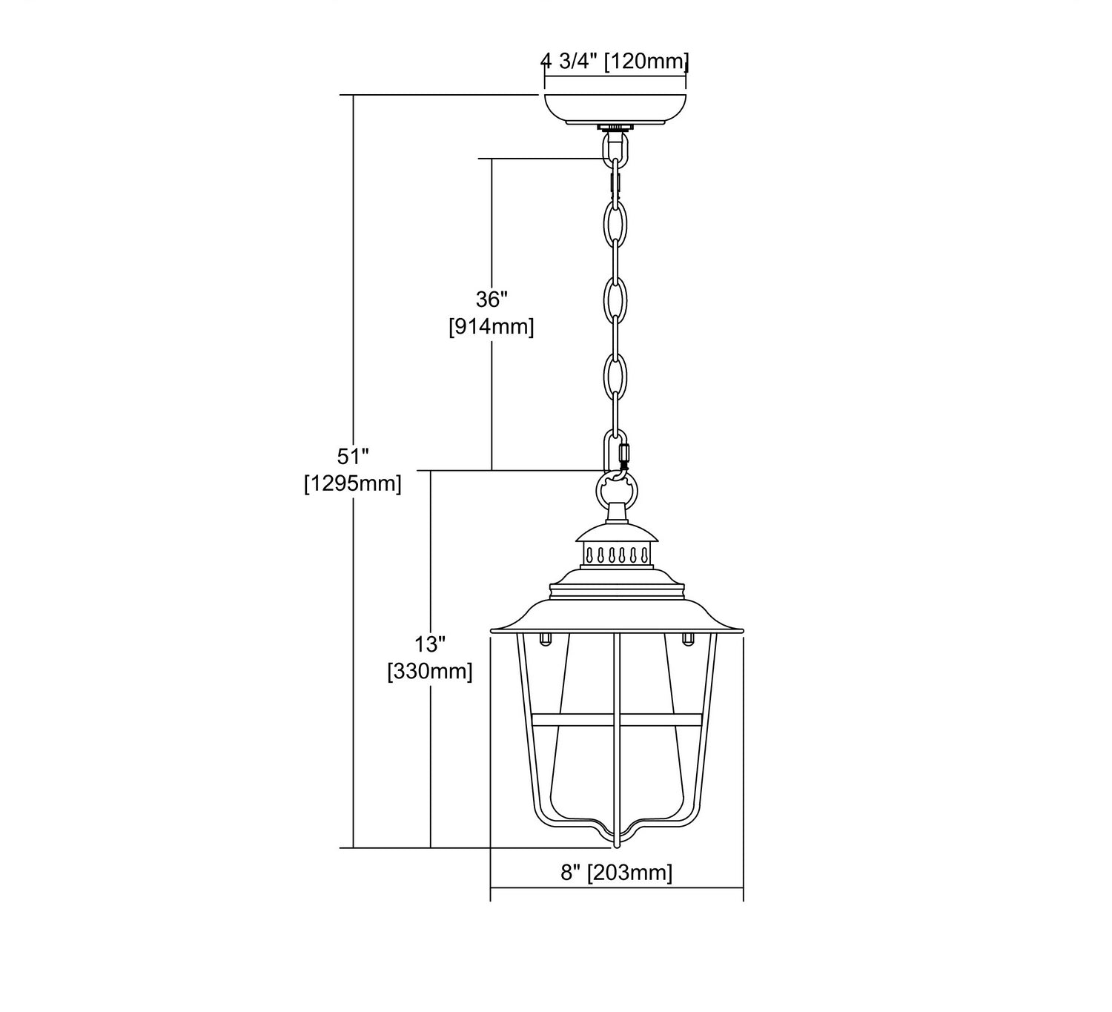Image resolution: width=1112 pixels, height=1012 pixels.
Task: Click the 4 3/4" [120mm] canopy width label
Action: [x=615, y=61]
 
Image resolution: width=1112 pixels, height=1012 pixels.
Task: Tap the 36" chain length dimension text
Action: [x=492, y=300]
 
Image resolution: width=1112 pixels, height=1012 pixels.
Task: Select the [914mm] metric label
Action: [x=492, y=327]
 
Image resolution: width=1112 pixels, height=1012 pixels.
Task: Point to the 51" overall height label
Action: [x=353, y=457]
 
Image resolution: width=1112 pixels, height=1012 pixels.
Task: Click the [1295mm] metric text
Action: [x=353, y=484]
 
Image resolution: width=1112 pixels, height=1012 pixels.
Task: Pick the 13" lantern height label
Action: [x=430, y=644]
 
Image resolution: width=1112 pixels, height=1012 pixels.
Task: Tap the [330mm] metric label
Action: [x=430, y=672]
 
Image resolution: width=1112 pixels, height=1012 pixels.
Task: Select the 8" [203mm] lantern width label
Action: [x=617, y=873]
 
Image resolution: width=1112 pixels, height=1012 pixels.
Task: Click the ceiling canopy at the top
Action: [x=615, y=109]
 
